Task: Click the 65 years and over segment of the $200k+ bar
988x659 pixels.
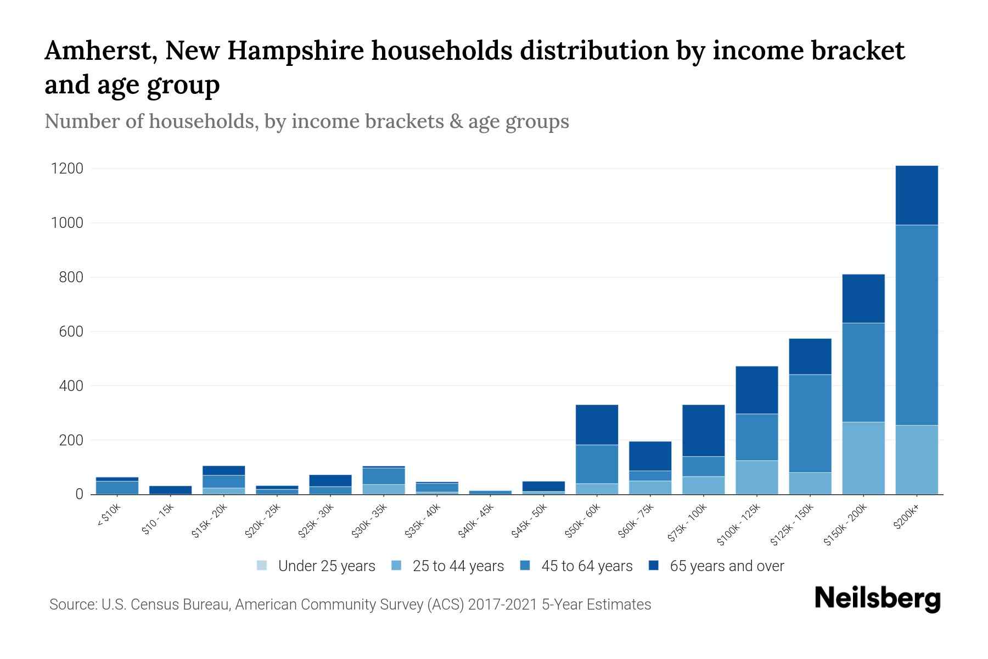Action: (916, 195)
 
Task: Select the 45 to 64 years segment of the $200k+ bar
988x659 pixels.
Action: (916, 325)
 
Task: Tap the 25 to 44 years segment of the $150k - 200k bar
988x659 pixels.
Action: (863, 458)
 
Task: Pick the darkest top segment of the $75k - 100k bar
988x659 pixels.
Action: (703, 430)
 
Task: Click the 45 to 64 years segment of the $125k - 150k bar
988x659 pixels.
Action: (810, 423)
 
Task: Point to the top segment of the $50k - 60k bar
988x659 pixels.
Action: (597, 425)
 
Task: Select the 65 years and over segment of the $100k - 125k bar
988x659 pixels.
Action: (756, 390)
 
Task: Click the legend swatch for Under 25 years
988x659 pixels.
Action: (262, 565)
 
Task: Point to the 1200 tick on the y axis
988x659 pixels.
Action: (67, 169)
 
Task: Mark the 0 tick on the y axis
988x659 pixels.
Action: (79, 494)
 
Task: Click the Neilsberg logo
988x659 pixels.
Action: (877, 599)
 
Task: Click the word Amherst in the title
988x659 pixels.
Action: (96, 51)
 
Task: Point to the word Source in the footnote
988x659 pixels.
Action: (71, 605)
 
